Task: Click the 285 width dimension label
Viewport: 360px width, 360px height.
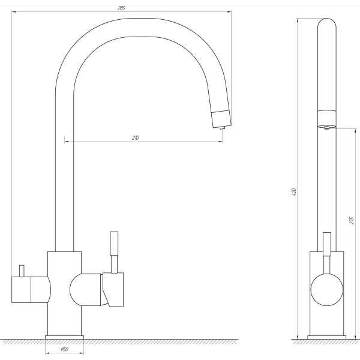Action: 121,8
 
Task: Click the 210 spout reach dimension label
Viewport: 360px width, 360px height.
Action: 136,138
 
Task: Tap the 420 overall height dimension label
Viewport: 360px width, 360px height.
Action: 294,192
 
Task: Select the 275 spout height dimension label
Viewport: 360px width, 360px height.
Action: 352,220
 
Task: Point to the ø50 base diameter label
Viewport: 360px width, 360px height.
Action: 65,350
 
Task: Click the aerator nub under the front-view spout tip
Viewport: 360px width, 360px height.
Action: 222,128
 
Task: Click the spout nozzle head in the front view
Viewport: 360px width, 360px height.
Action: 221,118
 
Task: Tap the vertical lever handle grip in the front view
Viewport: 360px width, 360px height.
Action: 114,244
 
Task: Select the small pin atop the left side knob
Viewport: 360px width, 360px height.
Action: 22,271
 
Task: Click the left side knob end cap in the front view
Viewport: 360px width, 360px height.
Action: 21,290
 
